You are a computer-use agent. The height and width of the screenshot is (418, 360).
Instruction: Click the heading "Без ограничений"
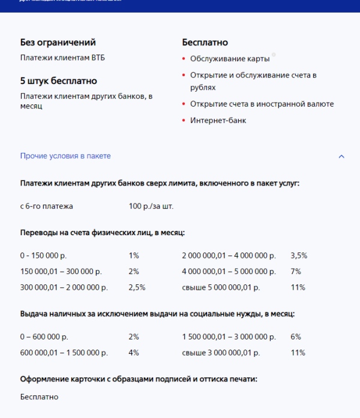click(x=58, y=43)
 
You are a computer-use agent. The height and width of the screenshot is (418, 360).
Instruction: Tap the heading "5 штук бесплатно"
click(x=58, y=81)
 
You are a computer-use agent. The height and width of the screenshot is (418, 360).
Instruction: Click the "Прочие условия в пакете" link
click(x=65, y=156)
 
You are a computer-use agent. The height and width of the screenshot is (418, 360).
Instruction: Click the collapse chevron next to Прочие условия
click(x=341, y=157)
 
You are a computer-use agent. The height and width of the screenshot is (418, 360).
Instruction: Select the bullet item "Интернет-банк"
click(x=218, y=121)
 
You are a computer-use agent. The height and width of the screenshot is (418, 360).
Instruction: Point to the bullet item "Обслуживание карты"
click(x=230, y=59)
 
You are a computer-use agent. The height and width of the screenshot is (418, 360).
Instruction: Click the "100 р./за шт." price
click(x=151, y=206)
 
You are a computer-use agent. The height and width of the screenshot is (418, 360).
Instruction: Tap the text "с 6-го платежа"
click(x=46, y=206)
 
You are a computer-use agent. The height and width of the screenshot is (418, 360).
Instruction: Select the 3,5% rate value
click(x=298, y=255)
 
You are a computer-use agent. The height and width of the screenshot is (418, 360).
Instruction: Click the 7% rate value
click(x=296, y=272)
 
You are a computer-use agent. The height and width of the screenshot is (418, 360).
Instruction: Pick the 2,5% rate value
click(x=137, y=288)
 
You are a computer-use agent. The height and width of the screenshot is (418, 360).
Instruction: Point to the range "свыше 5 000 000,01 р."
click(x=221, y=288)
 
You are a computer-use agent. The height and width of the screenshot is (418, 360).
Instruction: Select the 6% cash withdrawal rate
click(x=296, y=337)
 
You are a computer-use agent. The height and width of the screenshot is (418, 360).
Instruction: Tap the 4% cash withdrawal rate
click(x=133, y=353)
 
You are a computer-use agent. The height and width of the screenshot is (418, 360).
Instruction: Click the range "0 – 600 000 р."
click(x=44, y=337)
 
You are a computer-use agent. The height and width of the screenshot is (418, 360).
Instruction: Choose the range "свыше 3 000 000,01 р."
click(x=221, y=353)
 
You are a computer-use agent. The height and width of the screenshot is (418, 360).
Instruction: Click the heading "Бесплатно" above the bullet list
click(x=205, y=43)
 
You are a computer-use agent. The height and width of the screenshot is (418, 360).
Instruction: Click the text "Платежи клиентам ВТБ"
click(x=66, y=58)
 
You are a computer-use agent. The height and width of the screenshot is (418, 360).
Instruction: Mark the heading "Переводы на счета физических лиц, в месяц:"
click(x=102, y=232)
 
